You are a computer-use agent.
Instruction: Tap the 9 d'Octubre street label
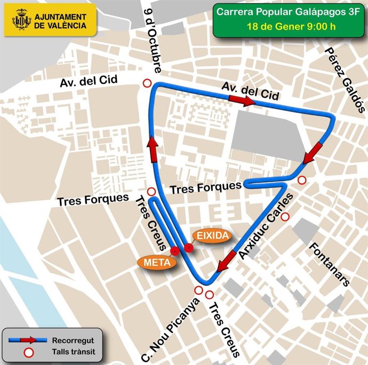pyautogui.click(x=153, y=40)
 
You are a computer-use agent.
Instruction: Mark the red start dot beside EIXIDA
pyautogui.click(x=188, y=247)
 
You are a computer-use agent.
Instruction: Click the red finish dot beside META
pyautogui.click(x=174, y=250)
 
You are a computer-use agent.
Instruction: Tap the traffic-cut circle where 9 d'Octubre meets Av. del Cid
pyautogui.click(x=147, y=83)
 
